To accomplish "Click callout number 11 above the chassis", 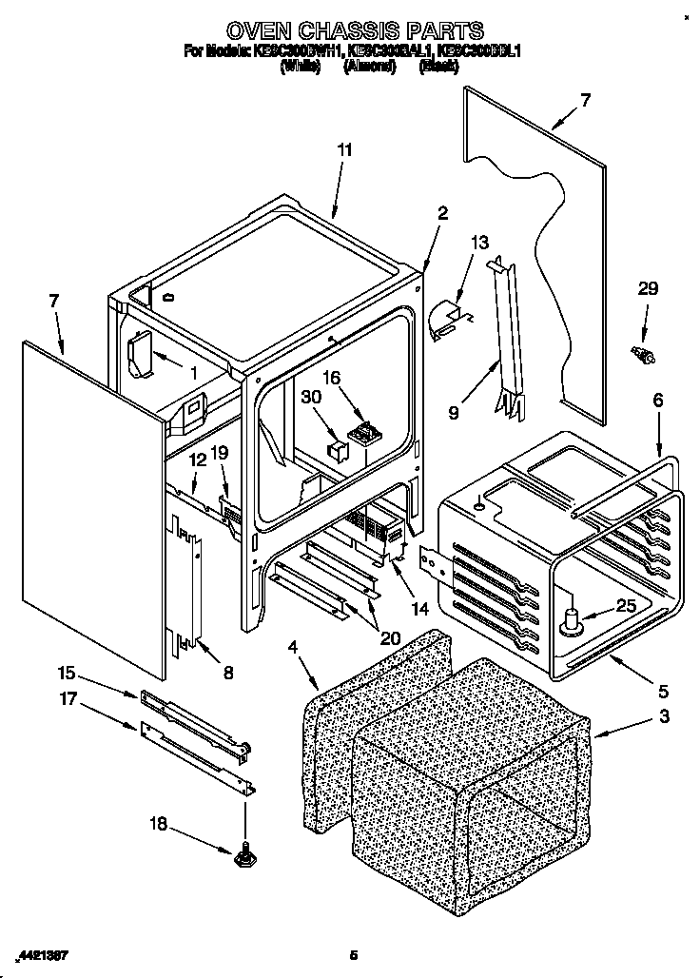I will click(344, 150).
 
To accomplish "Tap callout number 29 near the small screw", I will click(647, 289).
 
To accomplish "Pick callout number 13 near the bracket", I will click(478, 244).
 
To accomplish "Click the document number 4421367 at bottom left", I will click(42, 954).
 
